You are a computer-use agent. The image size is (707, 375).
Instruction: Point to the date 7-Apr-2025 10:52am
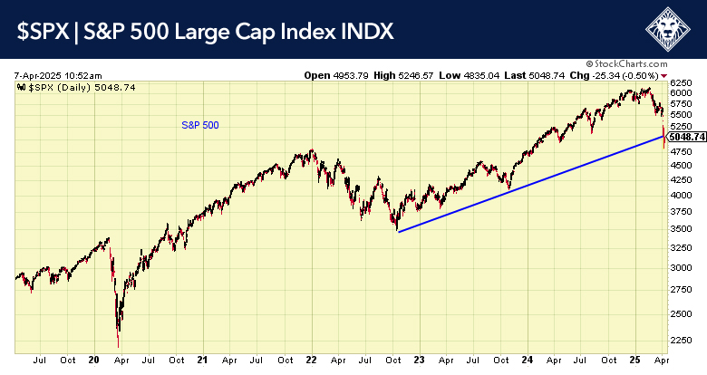[x=58, y=75]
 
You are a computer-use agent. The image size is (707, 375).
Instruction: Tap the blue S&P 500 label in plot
[x=200, y=125]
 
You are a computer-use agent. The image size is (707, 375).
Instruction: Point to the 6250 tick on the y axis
[x=682, y=82]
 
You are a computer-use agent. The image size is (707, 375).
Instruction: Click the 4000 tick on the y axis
[x=682, y=194]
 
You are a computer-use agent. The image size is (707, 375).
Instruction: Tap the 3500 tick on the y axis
[x=682, y=228]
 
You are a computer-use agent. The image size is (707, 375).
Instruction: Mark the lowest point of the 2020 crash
[x=118, y=346]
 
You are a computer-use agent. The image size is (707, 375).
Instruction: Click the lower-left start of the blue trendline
[x=398, y=232]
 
